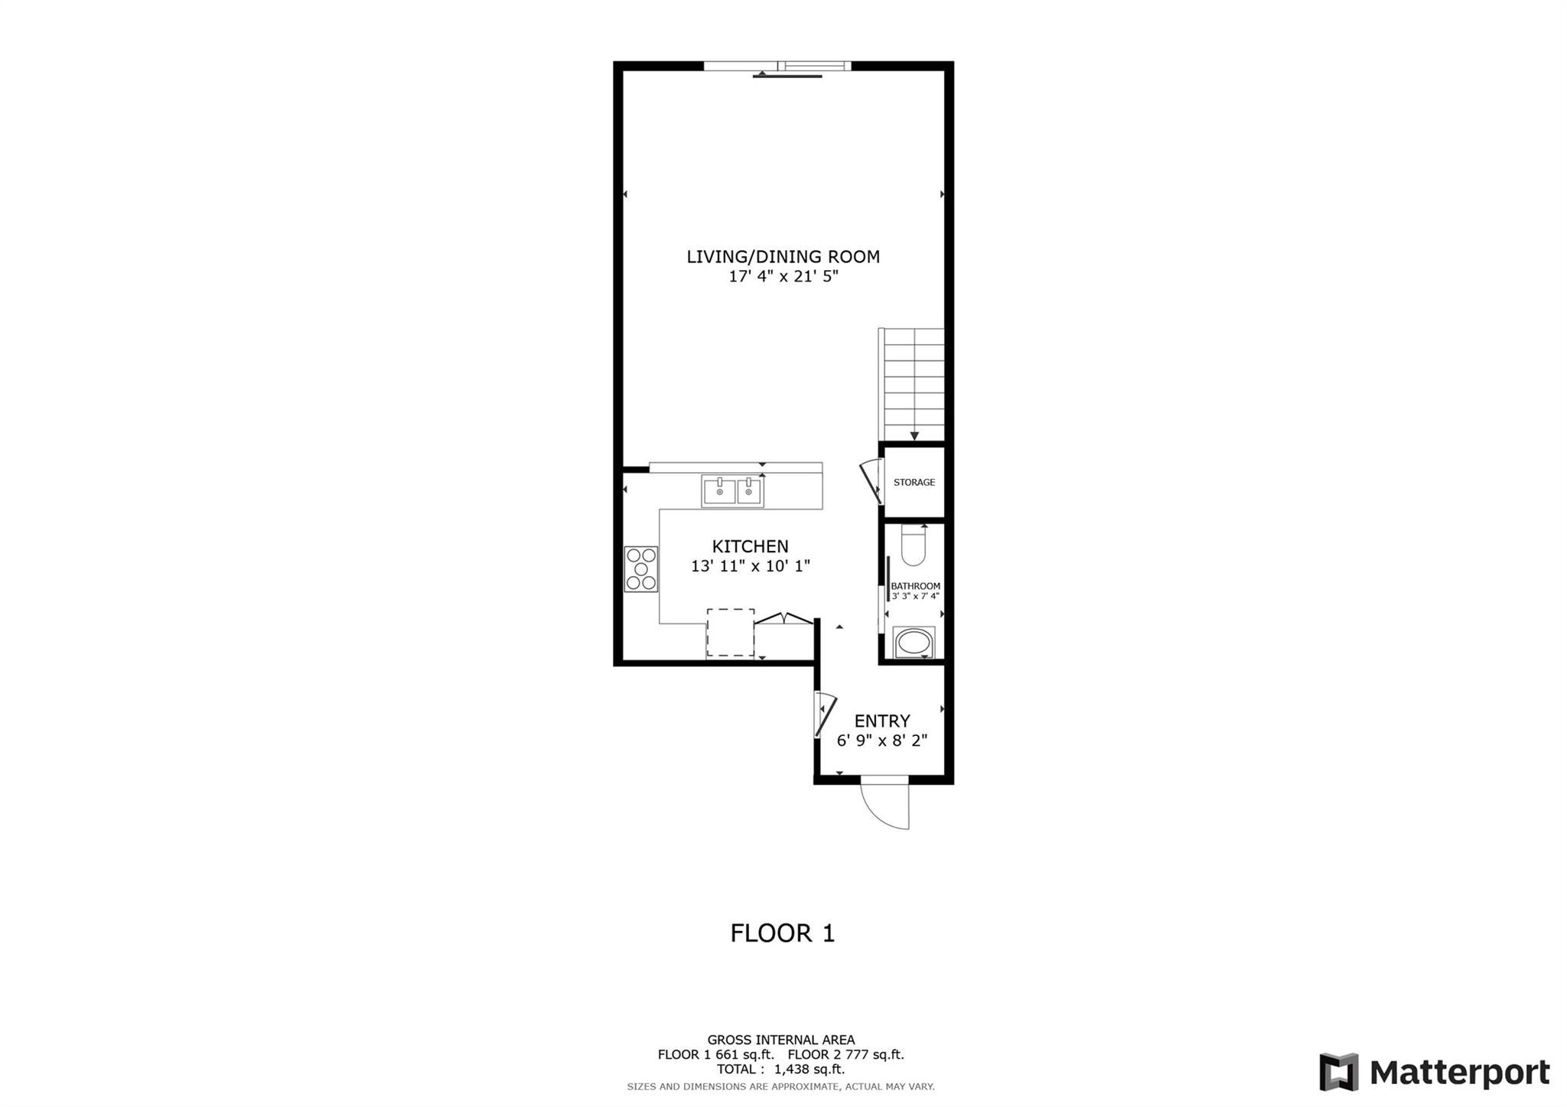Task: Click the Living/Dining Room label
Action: pyautogui.click(x=783, y=257)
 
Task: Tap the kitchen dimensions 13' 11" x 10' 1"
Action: pyautogui.click(x=750, y=566)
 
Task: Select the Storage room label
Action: pyautogui.click(x=914, y=483)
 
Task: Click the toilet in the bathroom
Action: pyautogui.click(x=914, y=545)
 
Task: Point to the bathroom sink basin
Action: pyautogui.click(x=914, y=643)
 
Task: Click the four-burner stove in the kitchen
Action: pyautogui.click(x=641, y=568)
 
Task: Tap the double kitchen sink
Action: pyautogui.click(x=732, y=491)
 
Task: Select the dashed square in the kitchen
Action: pyautogui.click(x=730, y=633)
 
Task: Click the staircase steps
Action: pyautogui.click(x=914, y=385)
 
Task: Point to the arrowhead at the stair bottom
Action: pyautogui.click(x=914, y=437)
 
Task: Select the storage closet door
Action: pyautogui.click(x=871, y=483)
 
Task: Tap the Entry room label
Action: pyautogui.click(x=882, y=721)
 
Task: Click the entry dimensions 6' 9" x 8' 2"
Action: pyautogui.click(x=882, y=741)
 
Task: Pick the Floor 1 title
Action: pyautogui.click(x=783, y=933)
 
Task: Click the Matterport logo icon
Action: pyautogui.click(x=1338, y=1072)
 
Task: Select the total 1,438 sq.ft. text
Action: pyautogui.click(x=780, y=1070)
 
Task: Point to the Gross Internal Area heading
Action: pyautogui.click(x=781, y=1040)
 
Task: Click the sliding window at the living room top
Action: pyautogui.click(x=777, y=67)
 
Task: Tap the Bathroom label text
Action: pyautogui.click(x=915, y=587)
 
